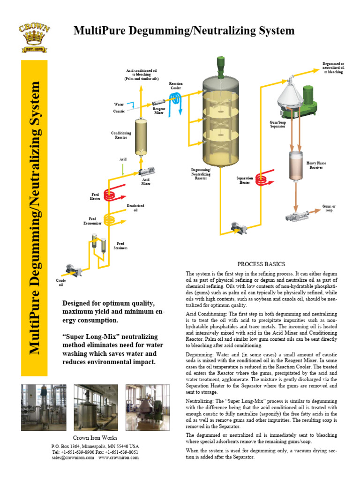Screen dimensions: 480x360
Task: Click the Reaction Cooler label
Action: [176, 86]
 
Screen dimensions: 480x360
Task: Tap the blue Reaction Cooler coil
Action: [176, 99]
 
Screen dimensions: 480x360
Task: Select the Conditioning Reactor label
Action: [121, 135]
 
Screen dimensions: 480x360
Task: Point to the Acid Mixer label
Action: [146, 181]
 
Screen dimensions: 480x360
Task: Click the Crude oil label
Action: [60, 282]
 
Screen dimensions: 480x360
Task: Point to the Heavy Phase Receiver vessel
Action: [295, 165]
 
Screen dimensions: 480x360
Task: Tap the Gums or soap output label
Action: [329, 208]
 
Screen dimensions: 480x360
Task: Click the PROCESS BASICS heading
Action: [261, 264]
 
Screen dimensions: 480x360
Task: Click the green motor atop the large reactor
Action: [220, 65]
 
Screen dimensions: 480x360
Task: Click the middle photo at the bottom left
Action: [96, 401]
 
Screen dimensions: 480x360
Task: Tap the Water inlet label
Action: [119, 105]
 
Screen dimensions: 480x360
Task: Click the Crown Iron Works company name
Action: [95, 437]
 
